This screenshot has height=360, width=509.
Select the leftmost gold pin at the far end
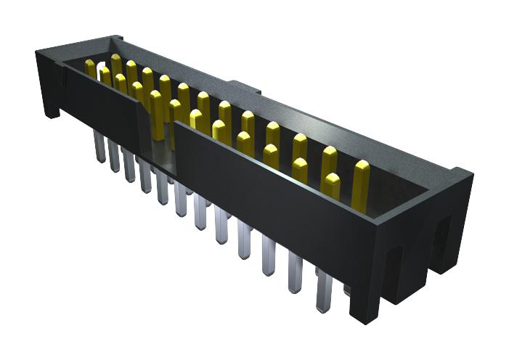point(90,68)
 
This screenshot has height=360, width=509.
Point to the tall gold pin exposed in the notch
point(156,112)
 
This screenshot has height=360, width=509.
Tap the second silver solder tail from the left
point(114,156)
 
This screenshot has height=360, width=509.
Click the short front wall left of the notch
point(102,102)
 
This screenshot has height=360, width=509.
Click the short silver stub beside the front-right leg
point(346,290)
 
